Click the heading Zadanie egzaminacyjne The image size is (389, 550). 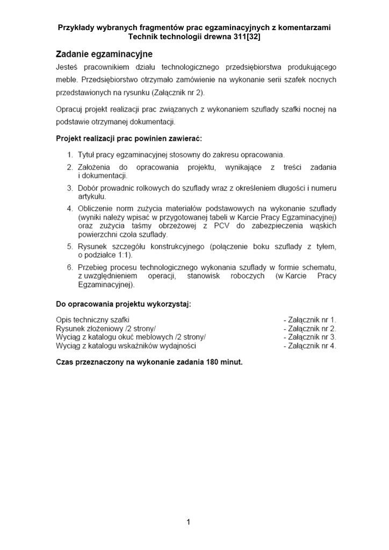click(104, 54)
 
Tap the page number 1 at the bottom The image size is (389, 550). click(189, 522)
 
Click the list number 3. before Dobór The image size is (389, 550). click(70, 188)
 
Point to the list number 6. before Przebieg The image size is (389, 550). click(70, 267)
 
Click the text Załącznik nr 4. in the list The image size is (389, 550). click(309, 346)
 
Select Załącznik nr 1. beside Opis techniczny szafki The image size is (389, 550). click(309, 320)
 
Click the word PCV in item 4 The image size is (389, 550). click(222, 226)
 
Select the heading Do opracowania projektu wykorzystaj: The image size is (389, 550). click(123, 303)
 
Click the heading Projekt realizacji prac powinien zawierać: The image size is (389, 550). click(129, 138)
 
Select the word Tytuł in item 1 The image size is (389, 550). click(87, 155)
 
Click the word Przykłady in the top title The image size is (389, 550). click(77, 27)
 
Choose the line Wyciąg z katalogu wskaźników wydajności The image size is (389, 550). click(126, 346)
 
